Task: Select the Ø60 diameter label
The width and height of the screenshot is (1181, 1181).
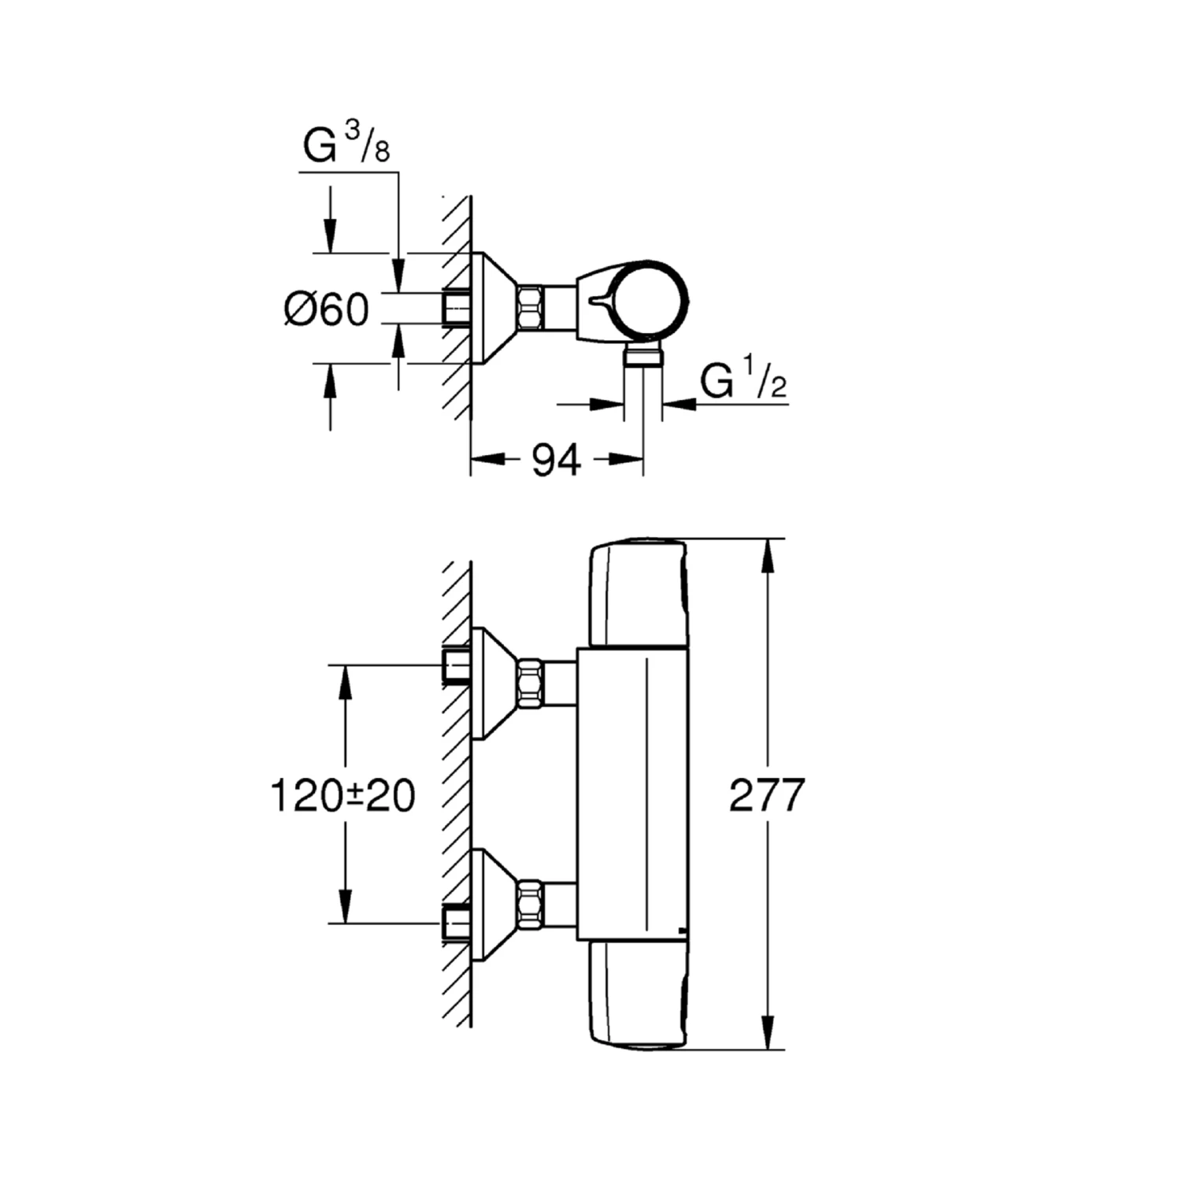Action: point(326,309)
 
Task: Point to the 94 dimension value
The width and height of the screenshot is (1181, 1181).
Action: point(557,460)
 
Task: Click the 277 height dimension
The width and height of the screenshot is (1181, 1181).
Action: point(767,794)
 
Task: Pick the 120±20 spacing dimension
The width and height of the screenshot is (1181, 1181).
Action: point(342,794)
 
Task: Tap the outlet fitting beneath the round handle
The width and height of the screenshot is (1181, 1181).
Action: point(643,355)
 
